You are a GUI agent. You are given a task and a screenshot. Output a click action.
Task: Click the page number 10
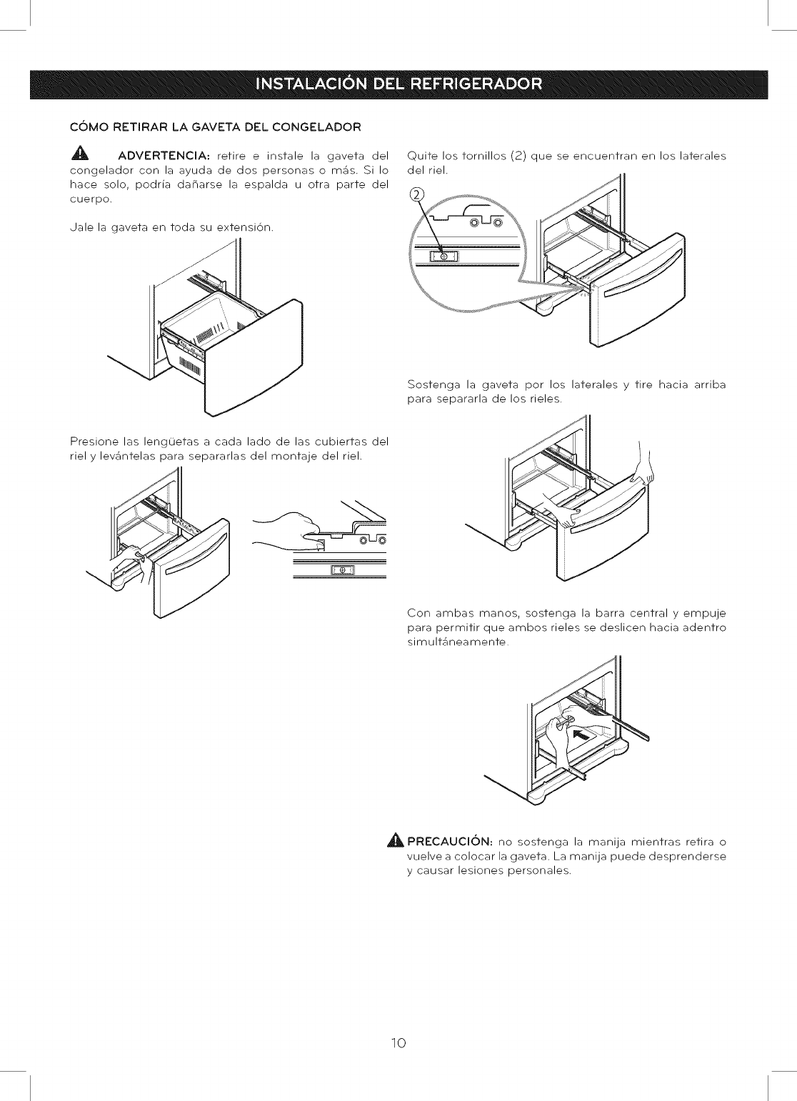point(398,1043)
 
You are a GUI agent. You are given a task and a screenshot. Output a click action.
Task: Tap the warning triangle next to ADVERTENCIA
point(79,156)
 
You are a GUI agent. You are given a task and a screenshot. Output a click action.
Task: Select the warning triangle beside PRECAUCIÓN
point(396,842)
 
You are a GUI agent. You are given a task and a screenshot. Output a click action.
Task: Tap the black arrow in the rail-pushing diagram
point(581,734)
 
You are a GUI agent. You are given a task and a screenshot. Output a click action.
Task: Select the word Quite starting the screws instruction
point(422,156)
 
